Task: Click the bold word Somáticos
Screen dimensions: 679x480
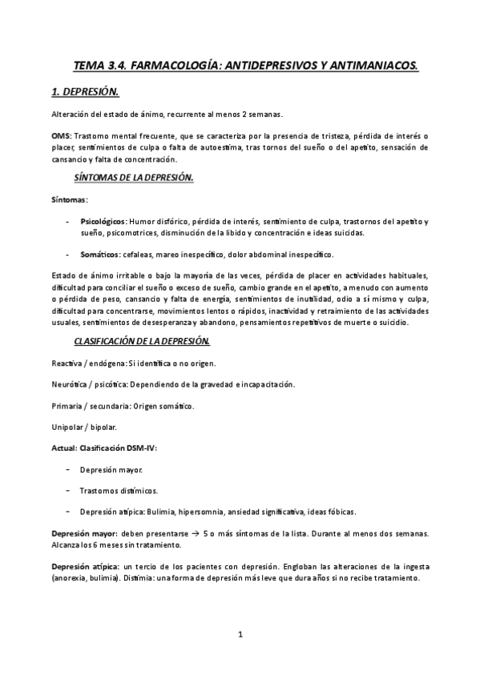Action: pos(99,254)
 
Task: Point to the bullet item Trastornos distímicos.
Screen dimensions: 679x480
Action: pos(119,490)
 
